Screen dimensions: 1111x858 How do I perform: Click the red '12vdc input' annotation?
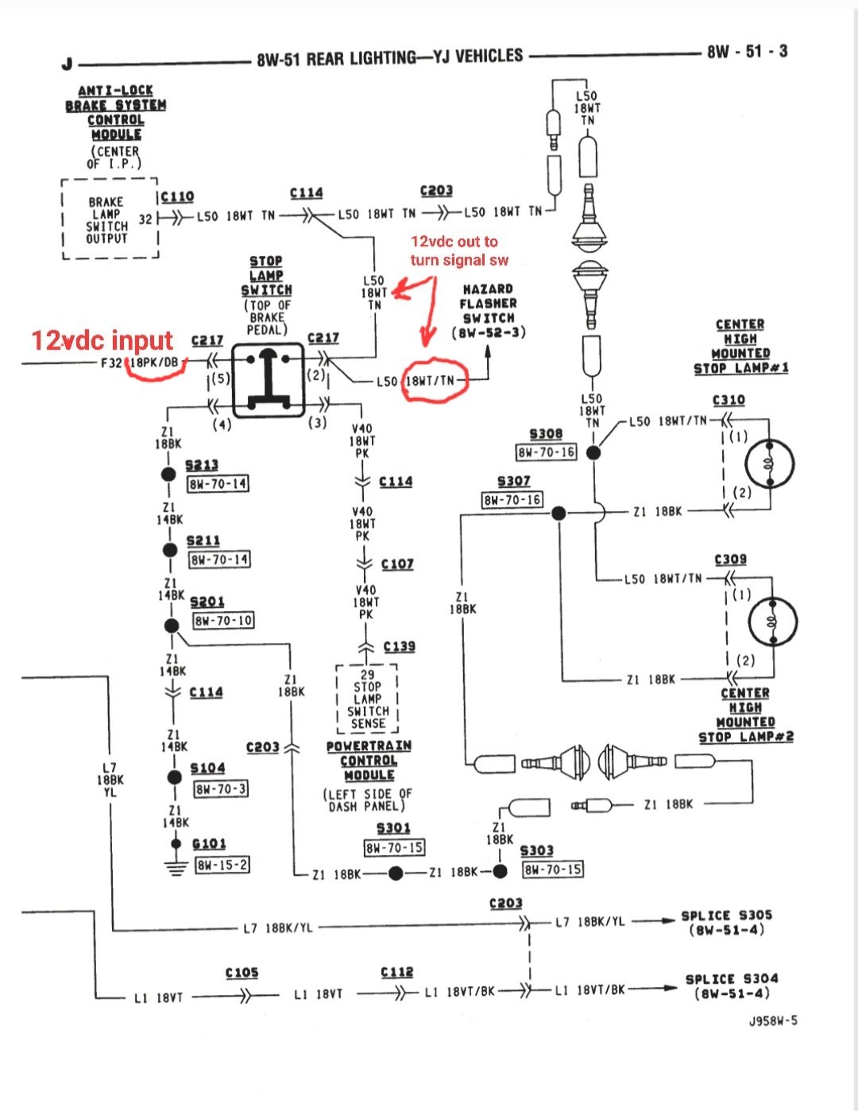pos(102,340)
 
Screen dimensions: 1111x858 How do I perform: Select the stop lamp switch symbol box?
pos(268,380)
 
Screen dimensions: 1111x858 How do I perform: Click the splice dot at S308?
pos(593,452)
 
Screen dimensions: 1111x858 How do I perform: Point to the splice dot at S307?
pos(558,513)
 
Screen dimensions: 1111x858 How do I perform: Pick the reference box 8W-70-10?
pos(224,620)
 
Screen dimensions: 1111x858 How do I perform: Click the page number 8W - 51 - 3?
pos(747,52)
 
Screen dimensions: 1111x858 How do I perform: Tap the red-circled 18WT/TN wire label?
pos(431,381)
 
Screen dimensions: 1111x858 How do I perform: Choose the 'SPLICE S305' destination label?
pos(726,922)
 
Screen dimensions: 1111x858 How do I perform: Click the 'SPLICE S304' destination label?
pos(731,985)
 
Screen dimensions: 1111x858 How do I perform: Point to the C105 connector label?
pos(242,973)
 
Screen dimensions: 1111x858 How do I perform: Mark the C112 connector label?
pos(396,973)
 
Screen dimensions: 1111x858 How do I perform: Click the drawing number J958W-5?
pos(772,1021)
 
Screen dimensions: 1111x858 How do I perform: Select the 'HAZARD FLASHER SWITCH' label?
pos(488,310)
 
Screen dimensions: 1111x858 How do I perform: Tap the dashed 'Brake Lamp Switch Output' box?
pos(110,219)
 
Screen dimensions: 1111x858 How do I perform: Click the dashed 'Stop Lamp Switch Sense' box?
pos(367,699)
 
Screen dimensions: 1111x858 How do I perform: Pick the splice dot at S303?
pos(500,872)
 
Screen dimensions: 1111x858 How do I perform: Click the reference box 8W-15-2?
pos(222,865)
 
